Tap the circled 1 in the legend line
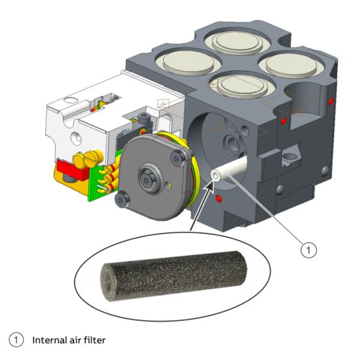click(12, 340)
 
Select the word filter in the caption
click(94, 340)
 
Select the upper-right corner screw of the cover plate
click(175, 157)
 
